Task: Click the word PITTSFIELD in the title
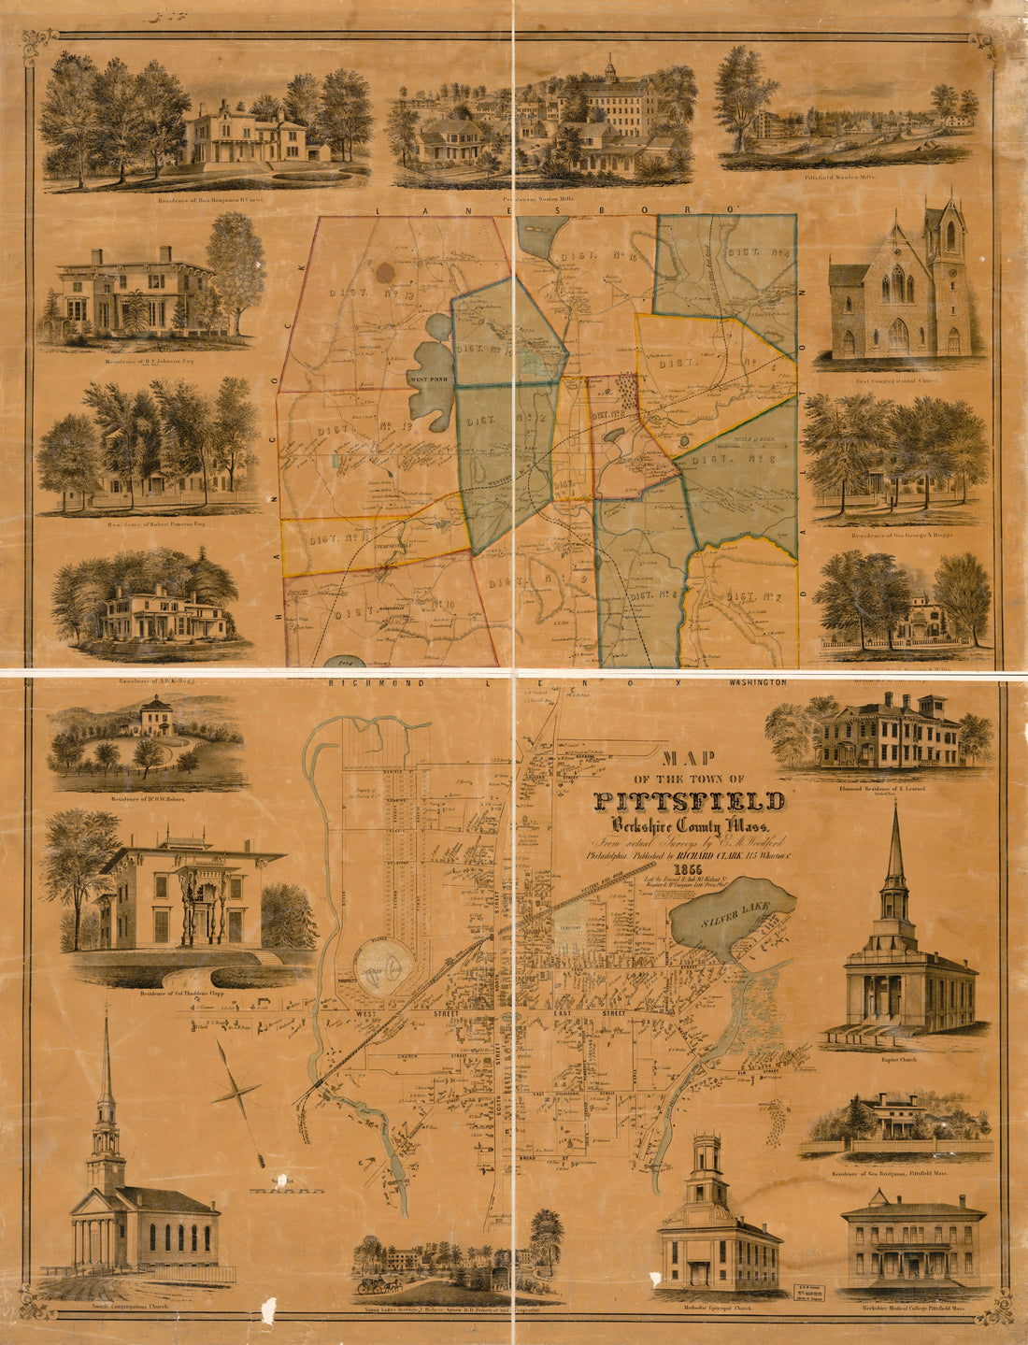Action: click(x=689, y=801)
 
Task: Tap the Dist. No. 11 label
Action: click(x=334, y=537)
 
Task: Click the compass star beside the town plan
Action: click(x=237, y=1089)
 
